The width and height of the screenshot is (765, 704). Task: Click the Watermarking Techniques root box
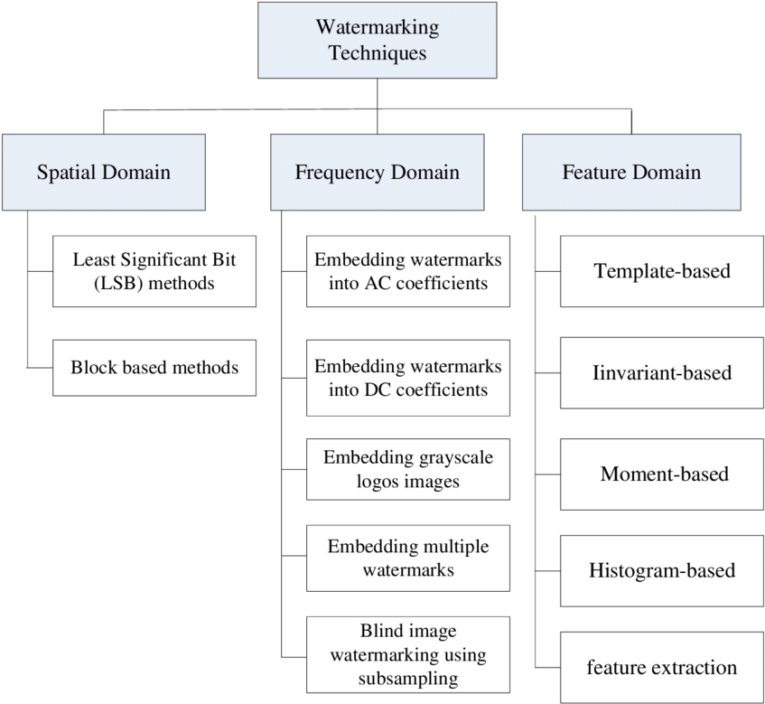click(377, 41)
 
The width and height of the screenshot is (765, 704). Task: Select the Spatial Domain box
click(104, 172)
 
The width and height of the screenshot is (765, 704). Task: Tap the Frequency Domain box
click(377, 172)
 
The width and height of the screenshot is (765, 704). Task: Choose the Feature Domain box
click(631, 172)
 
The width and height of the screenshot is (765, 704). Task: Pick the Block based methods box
click(154, 368)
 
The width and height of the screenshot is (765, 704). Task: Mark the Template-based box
click(662, 271)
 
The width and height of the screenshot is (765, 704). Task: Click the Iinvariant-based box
click(662, 372)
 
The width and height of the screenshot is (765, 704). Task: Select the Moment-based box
click(662, 474)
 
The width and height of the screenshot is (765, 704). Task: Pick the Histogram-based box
click(662, 570)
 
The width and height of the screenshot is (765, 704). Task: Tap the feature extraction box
click(662, 668)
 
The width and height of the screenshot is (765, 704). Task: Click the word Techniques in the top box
click(377, 52)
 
